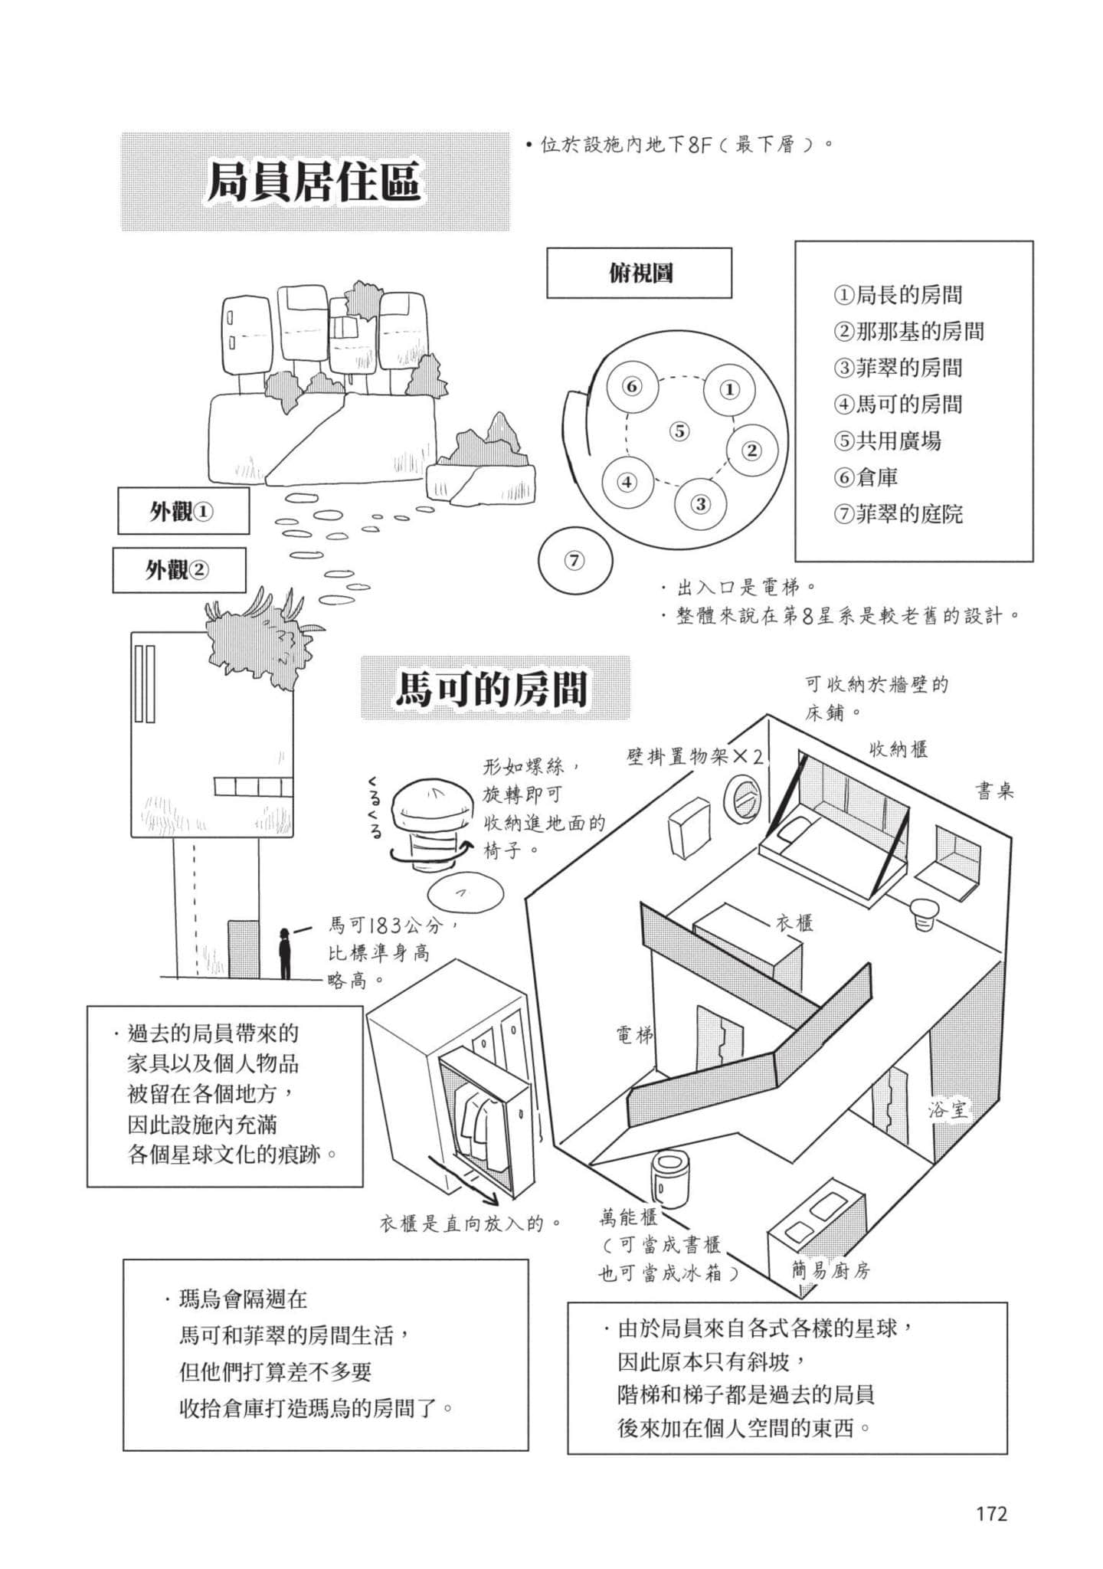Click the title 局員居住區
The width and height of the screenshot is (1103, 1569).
tap(315, 182)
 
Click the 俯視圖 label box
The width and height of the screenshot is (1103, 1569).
tap(639, 273)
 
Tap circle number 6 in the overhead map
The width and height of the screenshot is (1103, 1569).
tap(632, 386)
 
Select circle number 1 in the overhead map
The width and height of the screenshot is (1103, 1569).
tap(730, 389)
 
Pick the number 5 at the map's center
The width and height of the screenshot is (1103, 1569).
tap(679, 431)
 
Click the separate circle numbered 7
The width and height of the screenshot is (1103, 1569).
tap(575, 561)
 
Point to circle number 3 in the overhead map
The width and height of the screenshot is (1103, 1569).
tap(701, 504)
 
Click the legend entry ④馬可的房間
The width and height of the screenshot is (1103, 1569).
tap(898, 404)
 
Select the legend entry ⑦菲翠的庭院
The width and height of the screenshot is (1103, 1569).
tap(898, 513)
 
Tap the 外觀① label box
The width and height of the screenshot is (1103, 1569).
tap(183, 511)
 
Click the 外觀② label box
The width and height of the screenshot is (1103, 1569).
tap(179, 570)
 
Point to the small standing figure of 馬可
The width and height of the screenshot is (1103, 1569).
tap(285, 953)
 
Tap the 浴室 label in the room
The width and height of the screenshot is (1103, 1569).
tap(948, 1109)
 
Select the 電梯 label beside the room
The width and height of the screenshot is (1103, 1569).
tap(635, 1035)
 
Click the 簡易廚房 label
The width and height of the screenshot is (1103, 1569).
tap(831, 1271)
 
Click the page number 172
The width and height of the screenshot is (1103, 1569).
tap(991, 1513)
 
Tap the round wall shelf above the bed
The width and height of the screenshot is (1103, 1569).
tap(743, 799)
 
